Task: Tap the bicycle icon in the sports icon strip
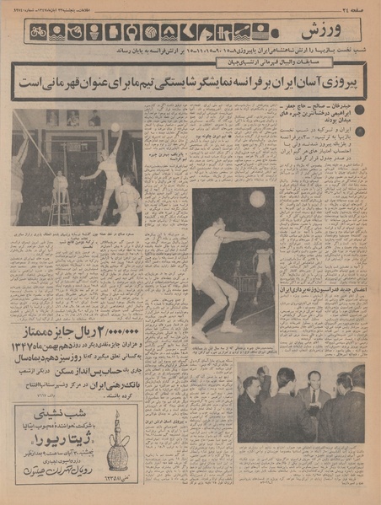coord(38,32)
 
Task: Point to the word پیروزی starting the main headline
coord(338,84)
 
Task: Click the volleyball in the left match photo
coord(115,127)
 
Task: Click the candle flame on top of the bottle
coord(118,415)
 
